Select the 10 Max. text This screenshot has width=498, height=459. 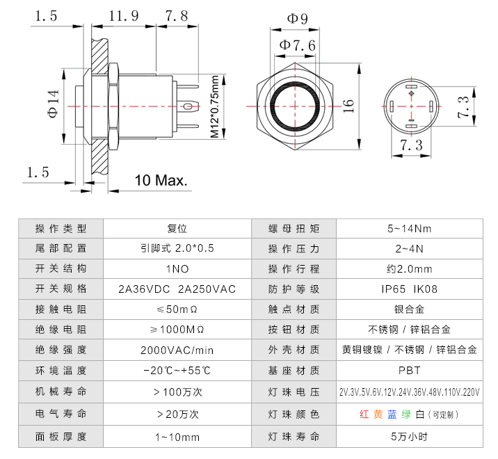[x=161, y=181]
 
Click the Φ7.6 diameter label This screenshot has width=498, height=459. [x=297, y=46]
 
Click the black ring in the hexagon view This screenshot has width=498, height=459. [x=297, y=105]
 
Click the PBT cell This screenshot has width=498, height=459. [x=409, y=371]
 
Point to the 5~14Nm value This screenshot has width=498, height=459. [x=409, y=228]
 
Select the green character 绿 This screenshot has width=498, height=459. [x=406, y=414]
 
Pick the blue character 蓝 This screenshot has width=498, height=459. [x=392, y=414]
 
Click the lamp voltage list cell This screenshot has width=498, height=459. [x=410, y=392]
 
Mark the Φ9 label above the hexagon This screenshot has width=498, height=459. [x=297, y=19]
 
